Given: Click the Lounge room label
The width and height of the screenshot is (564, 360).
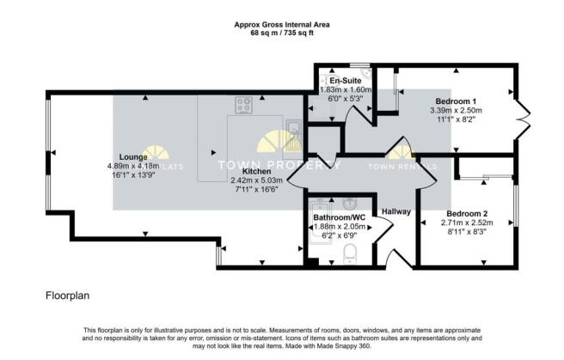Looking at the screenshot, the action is pyautogui.click(x=133, y=157).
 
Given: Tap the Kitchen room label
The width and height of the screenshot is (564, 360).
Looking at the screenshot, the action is pyautogui.click(x=256, y=171).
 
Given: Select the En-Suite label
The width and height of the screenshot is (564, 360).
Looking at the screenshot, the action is pyautogui.click(x=346, y=80).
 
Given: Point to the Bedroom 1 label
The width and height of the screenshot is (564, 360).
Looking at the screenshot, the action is pyautogui.click(x=456, y=101).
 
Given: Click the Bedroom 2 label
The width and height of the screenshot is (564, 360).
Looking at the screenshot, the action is pyautogui.click(x=467, y=214).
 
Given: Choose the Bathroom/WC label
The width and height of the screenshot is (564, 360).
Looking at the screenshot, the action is pyautogui.click(x=340, y=217).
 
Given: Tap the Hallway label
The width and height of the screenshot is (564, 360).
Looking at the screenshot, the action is pyautogui.click(x=396, y=211).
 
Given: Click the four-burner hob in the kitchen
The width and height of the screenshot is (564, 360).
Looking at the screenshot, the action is pyautogui.click(x=243, y=106).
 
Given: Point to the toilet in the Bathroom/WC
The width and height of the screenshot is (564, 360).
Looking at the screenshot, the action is pyautogui.click(x=349, y=253).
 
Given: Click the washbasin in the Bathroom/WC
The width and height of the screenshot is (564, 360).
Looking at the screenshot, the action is pyautogui.click(x=349, y=204).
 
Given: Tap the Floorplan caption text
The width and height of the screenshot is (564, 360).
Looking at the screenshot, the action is pyautogui.click(x=68, y=296).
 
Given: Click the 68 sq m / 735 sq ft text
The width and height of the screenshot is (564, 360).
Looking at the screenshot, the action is pyautogui.click(x=282, y=33).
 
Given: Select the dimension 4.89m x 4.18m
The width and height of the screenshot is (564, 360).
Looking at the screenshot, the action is pyautogui.click(x=133, y=166).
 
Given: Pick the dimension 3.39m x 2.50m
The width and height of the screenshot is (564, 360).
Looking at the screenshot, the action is pyautogui.click(x=456, y=110).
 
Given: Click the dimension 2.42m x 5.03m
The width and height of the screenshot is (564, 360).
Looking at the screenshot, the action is pyautogui.click(x=256, y=180).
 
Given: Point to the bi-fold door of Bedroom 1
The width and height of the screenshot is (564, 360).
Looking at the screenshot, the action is pyautogui.click(x=524, y=119).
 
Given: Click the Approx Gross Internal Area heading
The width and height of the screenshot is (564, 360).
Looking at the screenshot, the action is pyautogui.click(x=282, y=25).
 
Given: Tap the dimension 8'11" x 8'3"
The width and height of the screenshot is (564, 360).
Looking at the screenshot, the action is pyautogui.click(x=467, y=232).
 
